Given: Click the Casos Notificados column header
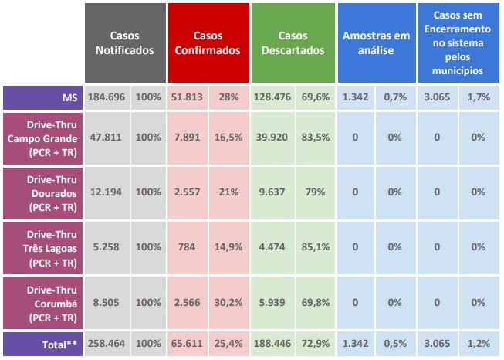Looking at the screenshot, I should pyautogui.click(x=126, y=43).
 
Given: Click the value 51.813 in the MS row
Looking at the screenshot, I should pyautogui.click(x=189, y=98).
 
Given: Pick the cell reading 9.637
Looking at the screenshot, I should pyautogui.click(x=272, y=192).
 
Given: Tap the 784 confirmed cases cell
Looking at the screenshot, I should pyautogui.click(x=189, y=247).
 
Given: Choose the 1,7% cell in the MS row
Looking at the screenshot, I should pyautogui.click(x=479, y=98).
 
